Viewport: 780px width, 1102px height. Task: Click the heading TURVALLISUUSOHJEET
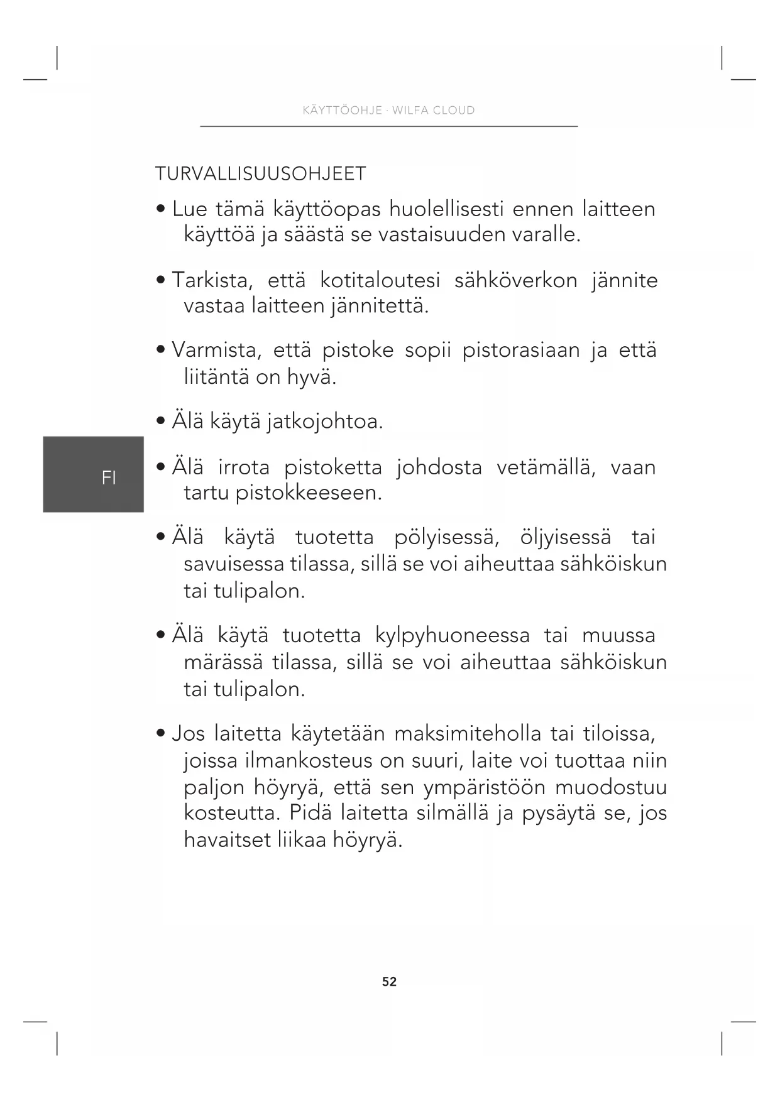click(x=260, y=173)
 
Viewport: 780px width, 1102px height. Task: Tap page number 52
click(x=389, y=981)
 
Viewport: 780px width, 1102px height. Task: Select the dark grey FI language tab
click(x=94, y=474)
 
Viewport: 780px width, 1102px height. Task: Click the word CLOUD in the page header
click(x=454, y=111)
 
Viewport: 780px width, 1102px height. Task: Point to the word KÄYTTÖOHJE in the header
click(x=343, y=111)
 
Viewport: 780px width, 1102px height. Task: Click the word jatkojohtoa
click(x=324, y=422)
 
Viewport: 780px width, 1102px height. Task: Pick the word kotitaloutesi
click(x=380, y=280)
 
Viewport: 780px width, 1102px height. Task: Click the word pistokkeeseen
click(x=309, y=493)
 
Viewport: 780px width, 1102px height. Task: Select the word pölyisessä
click(x=447, y=538)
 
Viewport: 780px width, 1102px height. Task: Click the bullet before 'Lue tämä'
click(x=162, y=208)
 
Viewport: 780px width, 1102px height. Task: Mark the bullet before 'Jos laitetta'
click(x=162, y=733)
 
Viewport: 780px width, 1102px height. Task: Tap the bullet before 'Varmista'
click(x=162, y=349)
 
